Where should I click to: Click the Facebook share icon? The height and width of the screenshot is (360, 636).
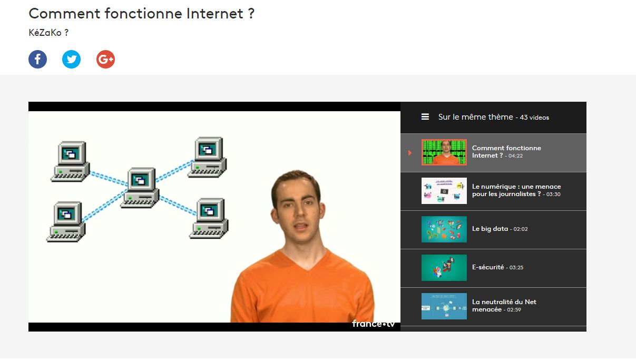coord(37,59)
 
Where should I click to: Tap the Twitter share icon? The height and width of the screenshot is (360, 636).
coord(71,59)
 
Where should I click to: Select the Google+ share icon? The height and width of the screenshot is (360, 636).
coord(105,59)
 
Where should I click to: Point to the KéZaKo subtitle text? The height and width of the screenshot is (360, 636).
coord(48,33)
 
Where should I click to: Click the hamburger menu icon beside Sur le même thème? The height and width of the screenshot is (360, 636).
coord(425,117)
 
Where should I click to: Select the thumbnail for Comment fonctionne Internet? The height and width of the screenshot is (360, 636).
coord(444,152)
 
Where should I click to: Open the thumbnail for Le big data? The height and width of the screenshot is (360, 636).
coord(444,229)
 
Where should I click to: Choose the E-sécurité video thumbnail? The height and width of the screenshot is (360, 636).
coord(444,268)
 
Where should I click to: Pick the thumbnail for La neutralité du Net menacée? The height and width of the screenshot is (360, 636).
coord(444,306)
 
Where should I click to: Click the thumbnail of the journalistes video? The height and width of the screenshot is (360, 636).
coord(444,191)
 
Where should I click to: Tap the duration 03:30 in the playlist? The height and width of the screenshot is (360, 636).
coord(553,194)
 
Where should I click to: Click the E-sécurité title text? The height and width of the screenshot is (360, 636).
coord(488,267)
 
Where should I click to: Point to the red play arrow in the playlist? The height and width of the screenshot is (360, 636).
coord(410,153)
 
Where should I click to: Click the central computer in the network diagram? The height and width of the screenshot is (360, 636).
coord(140,188)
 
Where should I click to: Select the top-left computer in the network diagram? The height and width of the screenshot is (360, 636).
coord(70,161)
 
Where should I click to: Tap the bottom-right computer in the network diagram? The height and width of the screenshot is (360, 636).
coord(209,218)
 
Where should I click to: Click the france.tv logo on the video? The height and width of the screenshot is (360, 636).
coord(373,324)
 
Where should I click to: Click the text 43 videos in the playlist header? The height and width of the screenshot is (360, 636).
coord(534,118)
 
